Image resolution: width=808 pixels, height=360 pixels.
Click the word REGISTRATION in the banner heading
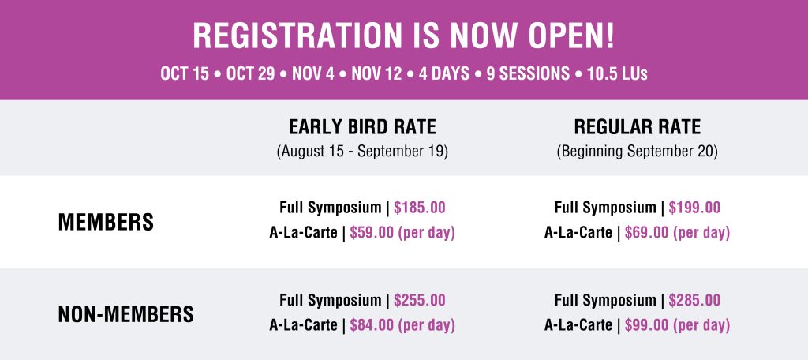click(x=297, y=36)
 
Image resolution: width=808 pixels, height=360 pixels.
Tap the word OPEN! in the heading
click(x=571, y=36)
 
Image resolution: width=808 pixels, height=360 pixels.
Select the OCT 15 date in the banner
click(x=185, y=73)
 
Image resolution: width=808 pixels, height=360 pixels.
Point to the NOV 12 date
click(x=376, y=73)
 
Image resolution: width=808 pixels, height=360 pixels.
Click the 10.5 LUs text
click(x=617, y=73)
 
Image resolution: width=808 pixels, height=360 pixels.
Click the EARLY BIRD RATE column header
click(x=362, y=127)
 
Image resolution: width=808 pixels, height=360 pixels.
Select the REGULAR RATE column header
click(x=638, y=127)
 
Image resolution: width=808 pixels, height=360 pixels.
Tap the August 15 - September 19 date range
click(x=362, y=152)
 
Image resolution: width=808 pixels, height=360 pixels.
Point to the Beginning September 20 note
click(x=638, y=152)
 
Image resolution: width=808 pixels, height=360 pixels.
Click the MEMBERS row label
click(x=106, y=223)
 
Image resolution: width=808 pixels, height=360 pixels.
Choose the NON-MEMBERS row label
click(x=125, y=314)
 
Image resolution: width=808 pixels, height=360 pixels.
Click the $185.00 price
click(x=420, y=208)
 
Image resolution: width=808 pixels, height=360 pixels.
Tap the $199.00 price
click(x=694, y=208)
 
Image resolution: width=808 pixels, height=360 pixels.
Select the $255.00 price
click(x=420, y=300)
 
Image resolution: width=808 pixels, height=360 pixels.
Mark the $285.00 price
click(x=694, y=300)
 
